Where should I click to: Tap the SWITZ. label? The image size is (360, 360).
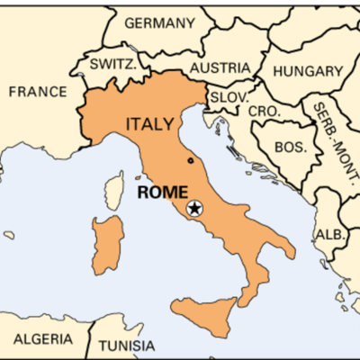point(112,64)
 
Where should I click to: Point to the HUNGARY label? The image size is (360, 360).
point(308,71)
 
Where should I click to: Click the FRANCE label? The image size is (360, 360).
point(37,92)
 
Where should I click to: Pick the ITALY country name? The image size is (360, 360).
point(151,123)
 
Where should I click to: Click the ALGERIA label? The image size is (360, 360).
point(43,339)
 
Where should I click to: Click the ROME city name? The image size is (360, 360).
point(162,191)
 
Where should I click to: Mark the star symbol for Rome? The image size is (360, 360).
point(194,209)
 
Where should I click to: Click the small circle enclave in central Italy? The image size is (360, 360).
point(190,161)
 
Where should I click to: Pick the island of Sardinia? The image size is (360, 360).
point(107,243)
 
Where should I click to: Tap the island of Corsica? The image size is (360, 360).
point(114,191)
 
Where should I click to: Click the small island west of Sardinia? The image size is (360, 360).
point(10,235)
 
